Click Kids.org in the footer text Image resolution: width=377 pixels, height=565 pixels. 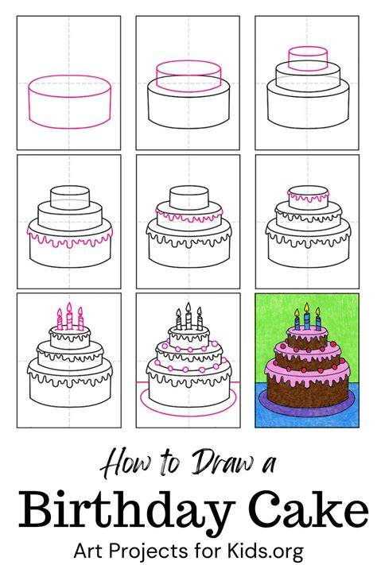265,551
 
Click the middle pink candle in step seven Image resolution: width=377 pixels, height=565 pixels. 69,317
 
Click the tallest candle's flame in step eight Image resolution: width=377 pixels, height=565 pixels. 188,308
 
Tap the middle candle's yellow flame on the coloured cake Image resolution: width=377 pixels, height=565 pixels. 307,308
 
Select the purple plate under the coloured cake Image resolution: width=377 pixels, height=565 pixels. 307,408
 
